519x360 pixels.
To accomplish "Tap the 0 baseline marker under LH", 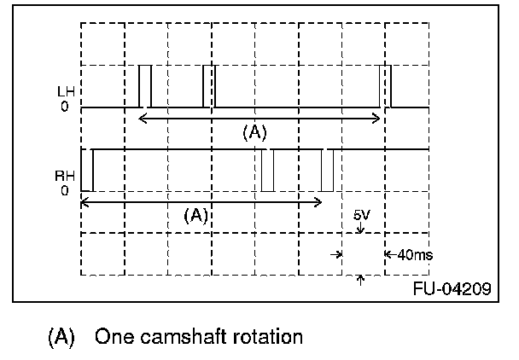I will click(x=64, y=107).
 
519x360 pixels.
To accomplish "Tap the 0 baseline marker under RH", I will click(x=64, y=192).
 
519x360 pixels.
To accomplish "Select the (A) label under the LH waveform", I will click(x=255, y=132).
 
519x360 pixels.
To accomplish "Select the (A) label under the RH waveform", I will click(x=196, y=216).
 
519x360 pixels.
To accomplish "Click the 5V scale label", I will click(x=362, y=216).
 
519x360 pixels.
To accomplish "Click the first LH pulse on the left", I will click(x=144, y=85).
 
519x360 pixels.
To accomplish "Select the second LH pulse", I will click(x=208, y=85).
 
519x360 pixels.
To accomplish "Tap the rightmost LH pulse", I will click(x=385, y=85).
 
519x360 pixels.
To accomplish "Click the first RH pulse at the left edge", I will click(x=86, y=171).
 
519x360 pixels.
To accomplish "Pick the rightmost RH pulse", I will click(x=327, y=171).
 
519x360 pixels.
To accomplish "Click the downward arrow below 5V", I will click(x=361, y=229).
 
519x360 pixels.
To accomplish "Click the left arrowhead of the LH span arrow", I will click(x=142, y=117).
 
